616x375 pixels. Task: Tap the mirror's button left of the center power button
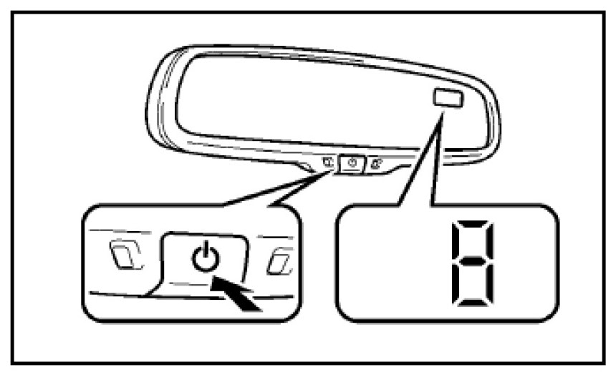(327, 162)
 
